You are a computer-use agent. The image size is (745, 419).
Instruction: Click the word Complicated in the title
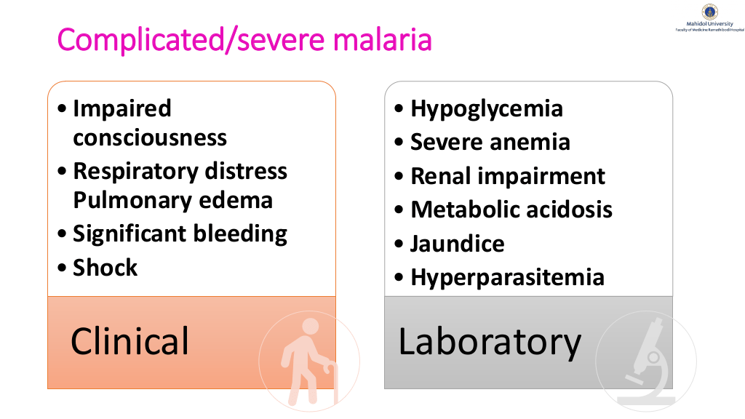(x=140, y=39)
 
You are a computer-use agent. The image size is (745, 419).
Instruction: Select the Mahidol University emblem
(x=710, y=12)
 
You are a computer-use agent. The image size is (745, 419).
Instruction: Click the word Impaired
(x=122, y=109)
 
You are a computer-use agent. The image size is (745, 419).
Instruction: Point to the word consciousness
(x=150, y=137)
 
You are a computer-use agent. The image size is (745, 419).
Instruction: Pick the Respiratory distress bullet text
(x=180, y=171)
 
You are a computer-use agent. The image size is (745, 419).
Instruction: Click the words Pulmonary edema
(x=173, y=200)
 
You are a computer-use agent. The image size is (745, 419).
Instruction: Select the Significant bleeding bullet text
(x=180, y=234)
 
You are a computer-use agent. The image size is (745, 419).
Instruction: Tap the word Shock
(x=105, y=268)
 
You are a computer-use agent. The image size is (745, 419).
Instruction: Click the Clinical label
(x=130, y=341)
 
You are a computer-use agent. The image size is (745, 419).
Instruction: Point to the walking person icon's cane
(x=332, y=383)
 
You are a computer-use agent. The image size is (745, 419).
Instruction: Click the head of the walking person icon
(x=311, y=327)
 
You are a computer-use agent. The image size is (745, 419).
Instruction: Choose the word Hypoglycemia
(x=487, y=109)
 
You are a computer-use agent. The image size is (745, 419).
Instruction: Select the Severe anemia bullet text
(x=490, y=142)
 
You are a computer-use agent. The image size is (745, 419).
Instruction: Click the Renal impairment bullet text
(x=508, y=176)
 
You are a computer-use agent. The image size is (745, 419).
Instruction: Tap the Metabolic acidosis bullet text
(x=511, y=209)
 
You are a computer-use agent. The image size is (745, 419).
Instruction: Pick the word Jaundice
(x=458, y=244)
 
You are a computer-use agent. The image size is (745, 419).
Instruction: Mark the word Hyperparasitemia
(x=507, y=277)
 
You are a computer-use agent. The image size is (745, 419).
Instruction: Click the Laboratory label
(x=490, y=342)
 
